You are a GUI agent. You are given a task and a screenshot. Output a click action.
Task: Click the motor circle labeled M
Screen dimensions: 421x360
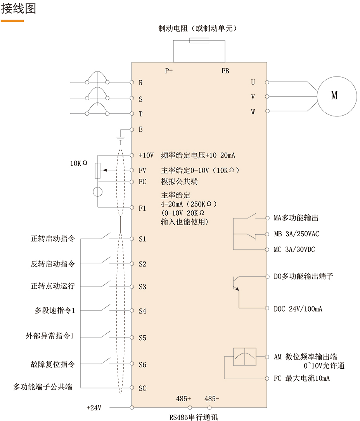pos(336,96)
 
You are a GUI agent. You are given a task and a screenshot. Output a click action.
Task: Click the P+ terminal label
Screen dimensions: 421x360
pos(169,71)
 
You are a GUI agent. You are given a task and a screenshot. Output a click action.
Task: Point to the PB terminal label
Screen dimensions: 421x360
pos(225,71)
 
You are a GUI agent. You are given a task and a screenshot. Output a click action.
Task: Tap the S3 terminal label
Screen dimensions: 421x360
pos(142,287)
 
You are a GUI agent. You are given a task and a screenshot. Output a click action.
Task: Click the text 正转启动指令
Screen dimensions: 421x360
pos(53,239)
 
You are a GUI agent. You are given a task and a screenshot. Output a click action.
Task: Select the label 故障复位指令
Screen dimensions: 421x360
pos(53,364)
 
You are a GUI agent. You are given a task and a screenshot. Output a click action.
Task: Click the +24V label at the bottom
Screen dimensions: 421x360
pos(94,408)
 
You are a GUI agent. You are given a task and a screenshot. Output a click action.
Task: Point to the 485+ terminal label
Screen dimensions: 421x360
pos(183,398)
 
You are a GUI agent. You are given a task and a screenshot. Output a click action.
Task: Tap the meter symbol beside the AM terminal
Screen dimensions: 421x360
pos(244,357)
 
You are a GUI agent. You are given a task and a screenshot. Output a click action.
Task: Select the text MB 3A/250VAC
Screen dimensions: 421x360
pos(296,234)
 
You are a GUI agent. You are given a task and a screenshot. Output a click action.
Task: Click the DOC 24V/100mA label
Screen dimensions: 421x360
pos(298,309)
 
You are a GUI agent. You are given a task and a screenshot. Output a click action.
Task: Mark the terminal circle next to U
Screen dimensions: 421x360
pos(267,82)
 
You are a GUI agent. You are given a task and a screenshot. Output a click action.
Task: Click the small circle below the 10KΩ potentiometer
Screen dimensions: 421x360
pos(98,192)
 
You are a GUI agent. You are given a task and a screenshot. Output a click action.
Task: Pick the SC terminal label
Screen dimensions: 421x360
pos(142,388)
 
